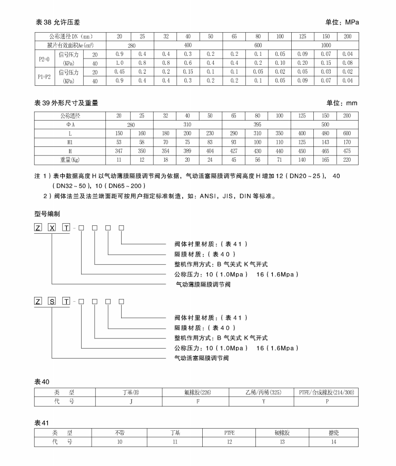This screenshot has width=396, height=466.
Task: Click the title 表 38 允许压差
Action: (58, 23)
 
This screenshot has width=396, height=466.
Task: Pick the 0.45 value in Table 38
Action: (119, 72)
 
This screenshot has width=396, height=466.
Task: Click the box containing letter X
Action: (52, 227)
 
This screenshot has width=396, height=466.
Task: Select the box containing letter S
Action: (52, 301)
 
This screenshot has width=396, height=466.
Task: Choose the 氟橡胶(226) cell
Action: (195, 392)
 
